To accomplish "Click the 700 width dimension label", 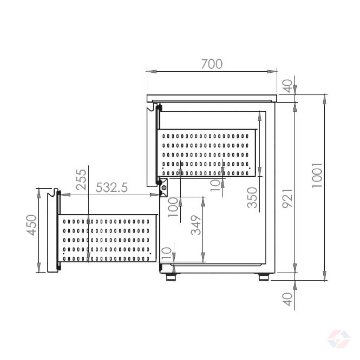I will (212, 64).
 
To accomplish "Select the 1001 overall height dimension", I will (317, 175).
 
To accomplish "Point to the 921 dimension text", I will (287, 198).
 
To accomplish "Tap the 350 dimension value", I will (252, 197).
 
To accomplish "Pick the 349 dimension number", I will (196, 225).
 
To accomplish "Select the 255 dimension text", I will (81, 180).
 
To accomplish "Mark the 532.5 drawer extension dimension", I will (112, 187).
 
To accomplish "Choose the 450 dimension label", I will (31, 225).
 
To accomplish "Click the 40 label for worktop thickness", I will (287, 86).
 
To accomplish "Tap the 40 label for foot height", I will (287, 299).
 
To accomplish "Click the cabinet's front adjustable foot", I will (170, 277).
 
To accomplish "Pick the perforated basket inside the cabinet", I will (207, 153).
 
